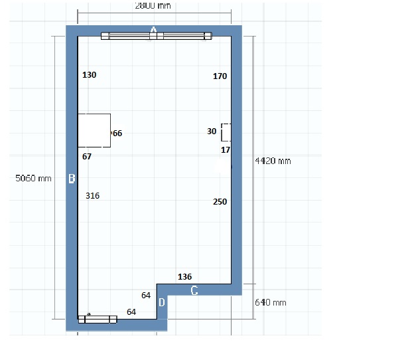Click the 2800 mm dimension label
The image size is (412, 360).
point(153,6)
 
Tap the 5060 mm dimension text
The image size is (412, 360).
point(33,178)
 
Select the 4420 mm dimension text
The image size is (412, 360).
point(273,161)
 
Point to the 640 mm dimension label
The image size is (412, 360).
point(271,302)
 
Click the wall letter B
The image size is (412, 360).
point(72,178)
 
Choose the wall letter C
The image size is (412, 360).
point(194,290)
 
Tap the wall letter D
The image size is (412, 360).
point(162,302)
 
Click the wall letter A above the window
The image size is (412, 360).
point(153,30)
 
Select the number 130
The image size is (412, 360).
point(90,75)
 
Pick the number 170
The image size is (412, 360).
point(220,76)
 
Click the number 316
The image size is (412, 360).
point(92,196)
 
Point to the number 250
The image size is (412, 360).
point(220,202)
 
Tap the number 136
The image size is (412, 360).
point(184,276)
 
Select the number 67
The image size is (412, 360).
point(87,157)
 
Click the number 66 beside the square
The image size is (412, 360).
point(117,134)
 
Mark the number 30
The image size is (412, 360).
point(212,132)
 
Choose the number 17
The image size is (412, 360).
point(226,150)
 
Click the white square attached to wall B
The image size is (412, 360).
point(94,130)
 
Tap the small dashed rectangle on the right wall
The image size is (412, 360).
point(226,132)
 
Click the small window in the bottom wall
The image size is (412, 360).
point(98,319)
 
